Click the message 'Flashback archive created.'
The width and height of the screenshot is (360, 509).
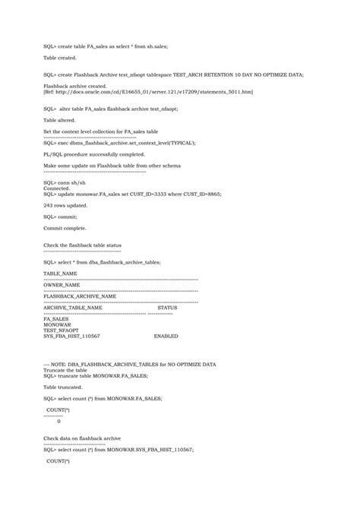[x=75, y=87]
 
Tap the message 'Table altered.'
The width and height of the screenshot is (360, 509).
[x=59, y=120]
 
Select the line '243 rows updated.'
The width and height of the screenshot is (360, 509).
[x=65, y=206]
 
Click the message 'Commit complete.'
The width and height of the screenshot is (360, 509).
[x=65, y=228]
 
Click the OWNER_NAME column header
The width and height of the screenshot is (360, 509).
[x=62, y=285]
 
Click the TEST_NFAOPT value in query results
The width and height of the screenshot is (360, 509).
[x=62, y=330]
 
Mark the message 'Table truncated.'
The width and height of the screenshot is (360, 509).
[x=62, y=386]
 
